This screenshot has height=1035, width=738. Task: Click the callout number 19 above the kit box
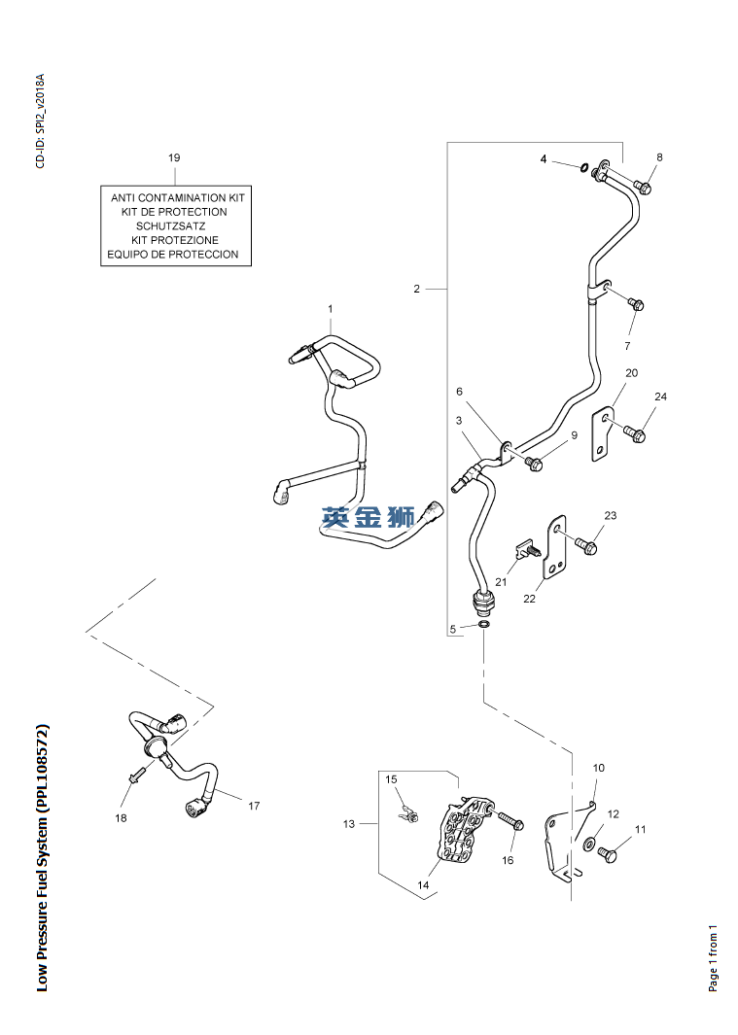click(174, 157)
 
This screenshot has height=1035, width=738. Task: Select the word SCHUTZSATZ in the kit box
click(170, 225)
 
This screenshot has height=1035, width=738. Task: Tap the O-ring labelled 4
click(584, 168)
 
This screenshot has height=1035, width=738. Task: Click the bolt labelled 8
click(642, 187)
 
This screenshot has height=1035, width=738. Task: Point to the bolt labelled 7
click(635, 305)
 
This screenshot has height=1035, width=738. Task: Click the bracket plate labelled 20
click(600, 434)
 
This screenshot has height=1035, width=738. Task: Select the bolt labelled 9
click(534, 464)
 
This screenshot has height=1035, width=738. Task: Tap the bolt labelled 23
click(586, 546)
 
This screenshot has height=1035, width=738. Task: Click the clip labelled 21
click(529, 548)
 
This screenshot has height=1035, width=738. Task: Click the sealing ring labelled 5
click(484, 625)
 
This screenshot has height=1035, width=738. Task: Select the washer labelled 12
click(588, 843)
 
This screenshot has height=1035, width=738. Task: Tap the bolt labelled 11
click(607, 854)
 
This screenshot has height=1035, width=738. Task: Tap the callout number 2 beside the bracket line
click(416, 289)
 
